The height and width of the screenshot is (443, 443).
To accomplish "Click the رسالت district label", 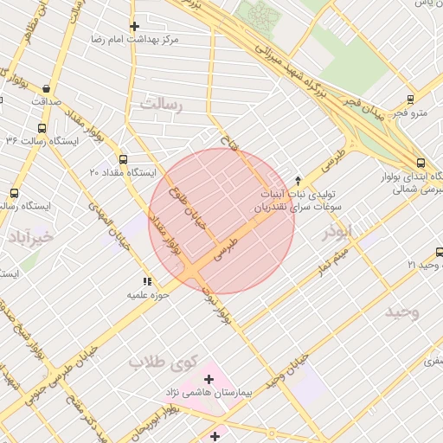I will tap(164, 103).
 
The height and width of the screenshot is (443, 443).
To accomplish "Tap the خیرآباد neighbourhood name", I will tap(31, 235).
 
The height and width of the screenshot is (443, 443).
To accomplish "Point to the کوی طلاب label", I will tap(164, 362).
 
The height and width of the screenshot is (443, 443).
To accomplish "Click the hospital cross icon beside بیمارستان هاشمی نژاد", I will tap(209, 379).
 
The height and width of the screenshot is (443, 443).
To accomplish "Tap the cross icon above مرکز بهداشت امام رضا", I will tap(133, 27).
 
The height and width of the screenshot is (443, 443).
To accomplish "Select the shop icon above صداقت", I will tap(45, 88).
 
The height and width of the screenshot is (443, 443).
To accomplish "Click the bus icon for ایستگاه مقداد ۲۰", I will tap(123, 159).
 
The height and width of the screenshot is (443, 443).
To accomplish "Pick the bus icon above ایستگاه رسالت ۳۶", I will tap(42, 128).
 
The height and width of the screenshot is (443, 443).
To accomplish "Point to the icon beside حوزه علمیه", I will tap(146, 281).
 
